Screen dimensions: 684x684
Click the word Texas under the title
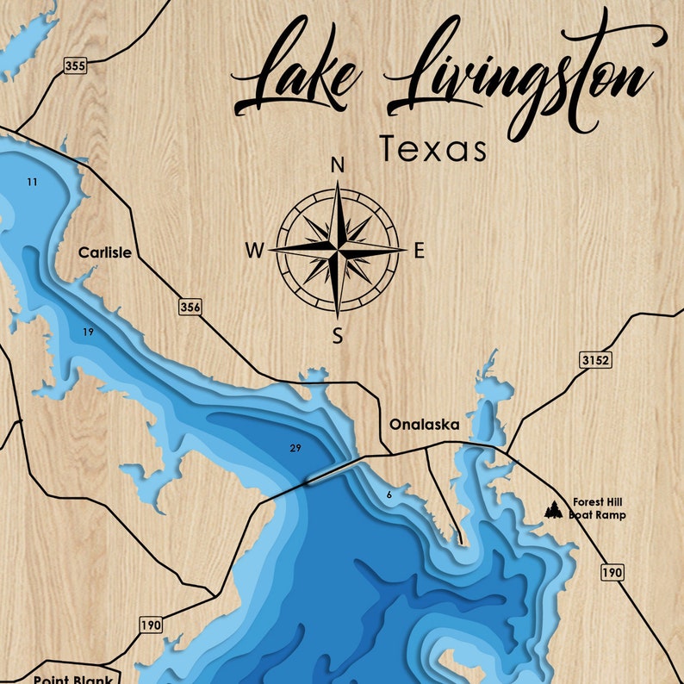click(x=433, y=149)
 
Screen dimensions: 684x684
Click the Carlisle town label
click(x=105, y=253)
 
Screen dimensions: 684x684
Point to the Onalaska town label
click(x=424, y=425)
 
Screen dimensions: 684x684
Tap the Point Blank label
click(x=73, y=679)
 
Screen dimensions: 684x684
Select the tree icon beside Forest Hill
click(x=553, y=510)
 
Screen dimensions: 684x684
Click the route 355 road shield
click(x=74, y=65)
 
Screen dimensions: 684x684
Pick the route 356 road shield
click(x=190, y=307)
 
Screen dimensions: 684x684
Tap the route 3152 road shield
click(x=594, y=359)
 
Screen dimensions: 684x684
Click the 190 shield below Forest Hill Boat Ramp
click(x=612, y=572)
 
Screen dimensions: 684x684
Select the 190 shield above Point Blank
click(x=150, y=625)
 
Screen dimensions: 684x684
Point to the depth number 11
click(x=32, y=182)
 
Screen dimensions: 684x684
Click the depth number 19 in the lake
click(x=88, y=332)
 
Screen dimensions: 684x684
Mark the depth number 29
click(x=295, y=449)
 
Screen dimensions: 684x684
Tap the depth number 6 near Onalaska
click(x=389, y=494)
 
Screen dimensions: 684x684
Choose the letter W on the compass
click(x=255, y=251)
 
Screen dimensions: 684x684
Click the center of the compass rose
click(x=338, y=250)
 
